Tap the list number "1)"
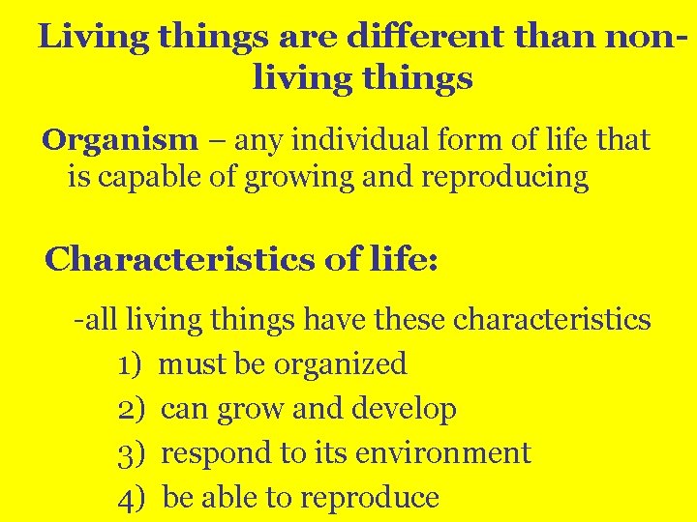pos(131,364)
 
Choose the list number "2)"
pos(131,409)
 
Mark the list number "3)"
pos(131,453)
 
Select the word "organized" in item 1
pos(341,364)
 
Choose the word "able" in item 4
pos(229,498)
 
